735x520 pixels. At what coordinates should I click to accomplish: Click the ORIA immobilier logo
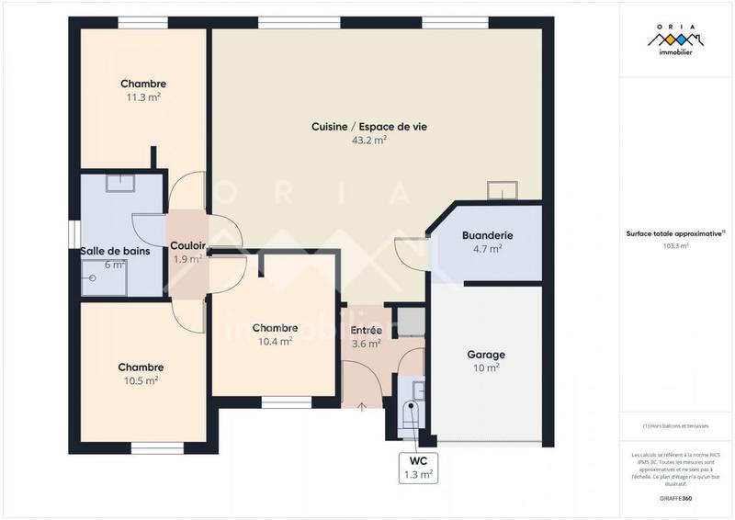coord(675,42)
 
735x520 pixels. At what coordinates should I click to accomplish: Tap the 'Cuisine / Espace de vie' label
coord(369,127)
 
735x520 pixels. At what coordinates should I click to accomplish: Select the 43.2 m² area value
coord(369,141)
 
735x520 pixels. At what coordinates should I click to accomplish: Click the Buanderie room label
coord(487,235)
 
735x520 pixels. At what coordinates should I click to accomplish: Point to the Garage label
coord(486,354)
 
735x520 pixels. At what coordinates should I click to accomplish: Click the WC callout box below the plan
coord(418,468)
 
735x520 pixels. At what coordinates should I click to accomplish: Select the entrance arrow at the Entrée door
coord(361,405)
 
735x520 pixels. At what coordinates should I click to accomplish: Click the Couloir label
coord(187,245)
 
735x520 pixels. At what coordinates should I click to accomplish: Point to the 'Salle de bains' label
coord(115,251)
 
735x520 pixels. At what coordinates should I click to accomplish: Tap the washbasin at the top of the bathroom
coord(119,183)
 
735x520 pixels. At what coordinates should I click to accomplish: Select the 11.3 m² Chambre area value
coord(143,96)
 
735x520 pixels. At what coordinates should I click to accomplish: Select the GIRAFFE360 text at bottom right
coord(675,497)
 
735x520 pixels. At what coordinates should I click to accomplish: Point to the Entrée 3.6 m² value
coord(367,344)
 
